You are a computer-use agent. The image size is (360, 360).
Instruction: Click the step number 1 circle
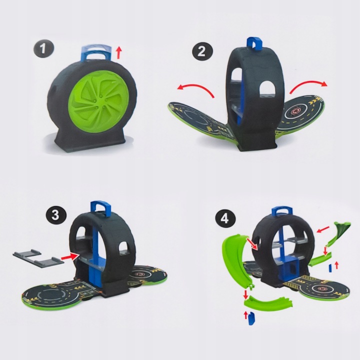(43, 49)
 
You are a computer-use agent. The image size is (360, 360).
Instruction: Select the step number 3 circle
(55, 215)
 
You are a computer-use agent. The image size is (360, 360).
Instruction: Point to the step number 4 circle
(225, 218)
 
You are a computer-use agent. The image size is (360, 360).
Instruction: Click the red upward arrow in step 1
(118, 52)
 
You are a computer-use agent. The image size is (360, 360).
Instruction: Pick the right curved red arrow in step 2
(308, 86)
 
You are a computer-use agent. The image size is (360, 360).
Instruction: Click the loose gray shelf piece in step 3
(38, 257)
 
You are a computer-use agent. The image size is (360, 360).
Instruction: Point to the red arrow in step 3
(69, 256)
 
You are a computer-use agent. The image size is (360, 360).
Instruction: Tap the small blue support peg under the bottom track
(251, 319)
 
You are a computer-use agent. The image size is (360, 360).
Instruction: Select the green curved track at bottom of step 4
(268, 303)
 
